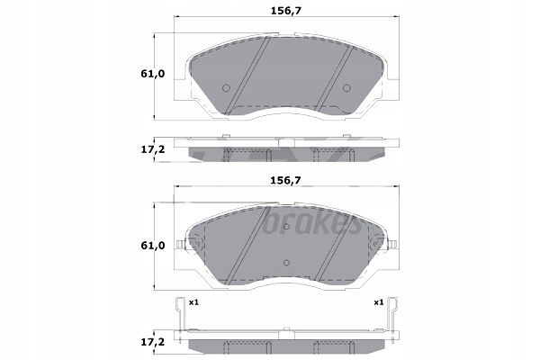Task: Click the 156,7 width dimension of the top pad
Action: (286, 11)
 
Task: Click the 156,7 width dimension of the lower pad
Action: (286, 180)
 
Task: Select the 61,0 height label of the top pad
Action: (153, 74)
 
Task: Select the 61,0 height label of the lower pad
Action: (153, 246)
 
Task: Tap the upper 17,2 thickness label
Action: (153, 150)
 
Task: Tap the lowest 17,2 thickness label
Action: (153, 342)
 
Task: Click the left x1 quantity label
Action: (193, 302)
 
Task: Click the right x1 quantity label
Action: (379, 302)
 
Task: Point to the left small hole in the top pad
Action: (226, 88)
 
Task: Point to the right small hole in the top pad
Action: (346, 88)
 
